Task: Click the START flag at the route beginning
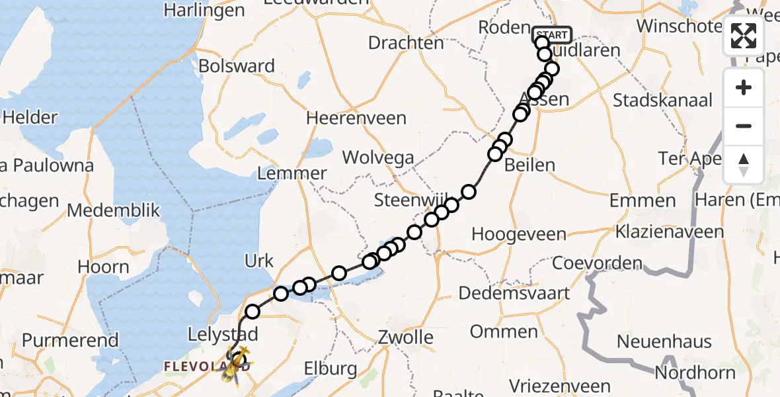click(x=551, y=34)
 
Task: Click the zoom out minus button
click(x=744, y=126)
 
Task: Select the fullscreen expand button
click(x=744, y=36)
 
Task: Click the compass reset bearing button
click(x=744, y=164)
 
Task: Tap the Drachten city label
click(x=406, y=43)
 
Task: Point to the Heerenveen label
click(x=356, y=118)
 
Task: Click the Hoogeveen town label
click(x=519, y=234)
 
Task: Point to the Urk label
click(x=259, y=261)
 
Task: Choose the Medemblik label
click(x=114, y=210)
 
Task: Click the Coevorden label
click(x=597, y=263)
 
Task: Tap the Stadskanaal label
click(x=663, y=101)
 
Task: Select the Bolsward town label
click(x=237, y=66)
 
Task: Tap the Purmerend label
click(x=70, y=341)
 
